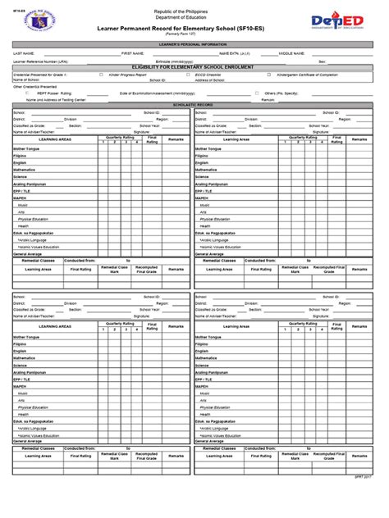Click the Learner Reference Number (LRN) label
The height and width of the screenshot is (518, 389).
pos(40,61)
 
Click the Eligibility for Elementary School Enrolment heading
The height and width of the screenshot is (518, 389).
pos(194,67)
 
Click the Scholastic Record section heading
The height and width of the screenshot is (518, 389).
pos(194,106)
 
